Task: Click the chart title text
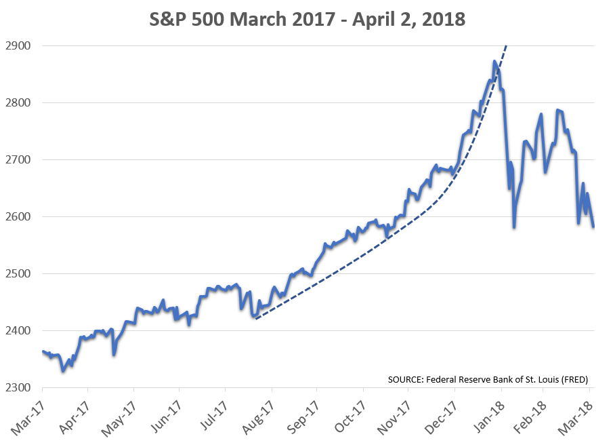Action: pyautogui.click(x=307, y=19)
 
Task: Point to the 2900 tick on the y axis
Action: pyautogui.click(x=20, y=46)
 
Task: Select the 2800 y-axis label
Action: pyautogui.click(x=20, y=103)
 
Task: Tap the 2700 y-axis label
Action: pyautogui.click(x=20, y=160)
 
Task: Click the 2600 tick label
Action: pyautogui.click(x=20, y=217)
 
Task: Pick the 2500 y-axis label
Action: pyautogui.click(x=20, y=274)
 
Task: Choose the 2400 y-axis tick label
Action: pyautogui.click(x=20, y=331)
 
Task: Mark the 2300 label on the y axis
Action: pyautogui.click(x=20, y=388)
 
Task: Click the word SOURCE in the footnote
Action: pyautogui.click(x=405, y=379)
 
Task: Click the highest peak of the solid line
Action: pyautogui.click(x=494, y=62)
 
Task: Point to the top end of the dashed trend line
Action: pyautogui.click(x=506, y=46)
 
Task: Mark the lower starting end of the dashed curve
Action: pyautogui.click(x=255, y=317)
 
